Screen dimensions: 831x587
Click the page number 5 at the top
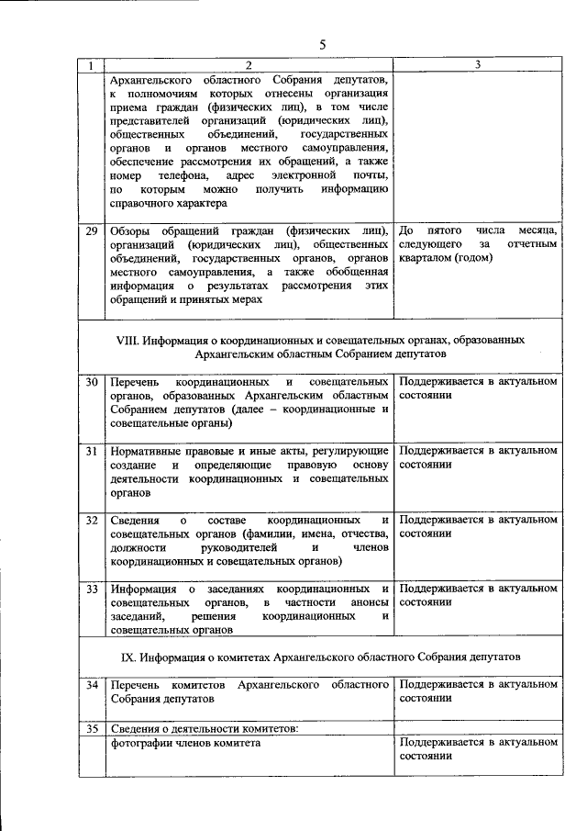322,45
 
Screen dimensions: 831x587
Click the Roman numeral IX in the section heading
128,657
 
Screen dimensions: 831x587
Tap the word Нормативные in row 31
150,452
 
